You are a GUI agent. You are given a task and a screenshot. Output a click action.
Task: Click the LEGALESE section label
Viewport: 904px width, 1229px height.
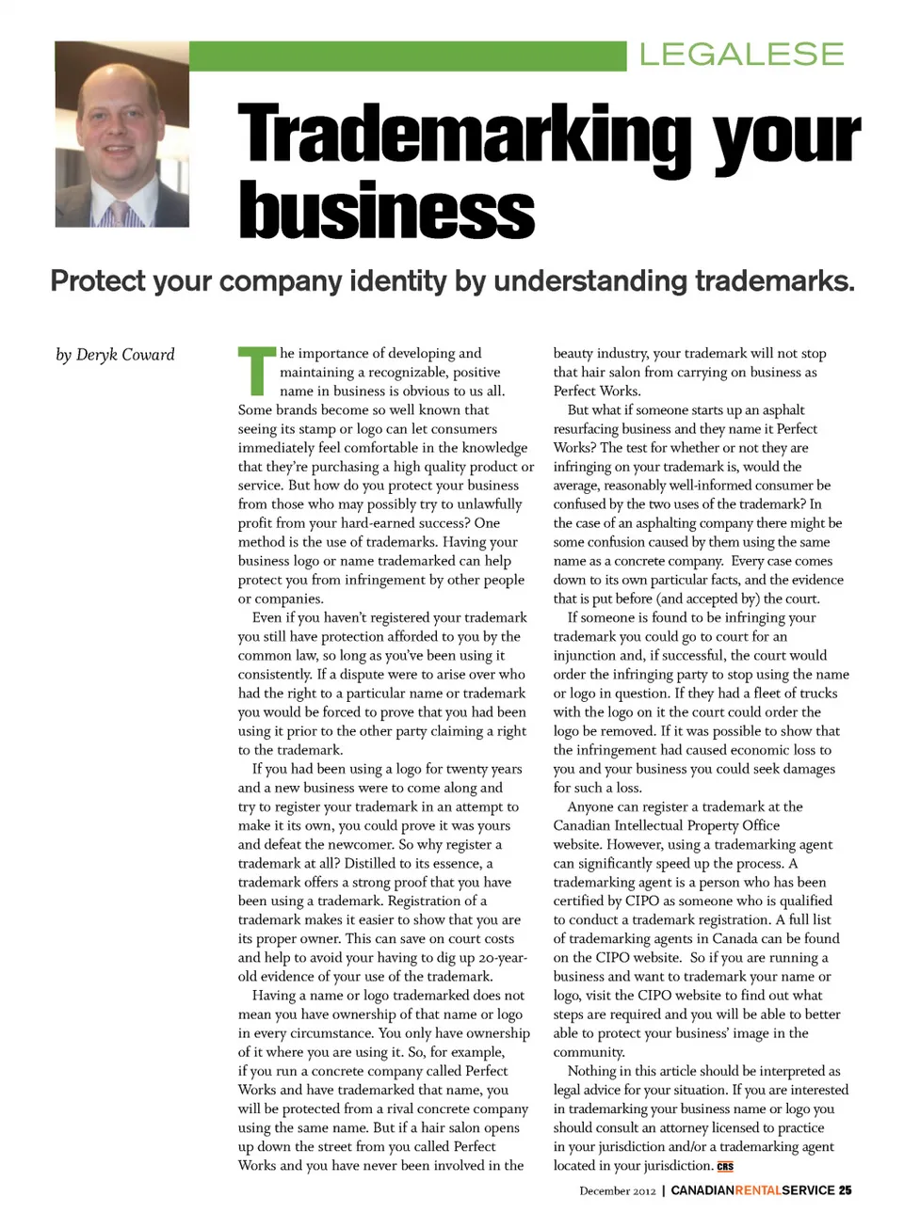coord(741,55)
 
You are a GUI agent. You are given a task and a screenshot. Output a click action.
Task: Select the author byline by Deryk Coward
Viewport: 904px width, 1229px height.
coord(115,355)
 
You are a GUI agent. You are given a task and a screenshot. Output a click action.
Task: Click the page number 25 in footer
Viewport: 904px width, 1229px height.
coord(846,1190)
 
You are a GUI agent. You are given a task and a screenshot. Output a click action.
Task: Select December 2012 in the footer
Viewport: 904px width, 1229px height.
coord(618,1191)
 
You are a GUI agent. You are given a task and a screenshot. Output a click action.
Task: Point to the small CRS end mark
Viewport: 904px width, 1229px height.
coord(725,1167)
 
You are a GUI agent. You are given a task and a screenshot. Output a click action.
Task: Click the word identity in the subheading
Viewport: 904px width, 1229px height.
coord(397,280)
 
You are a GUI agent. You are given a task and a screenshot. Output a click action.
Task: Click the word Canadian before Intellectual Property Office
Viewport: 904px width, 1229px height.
coord(584,825)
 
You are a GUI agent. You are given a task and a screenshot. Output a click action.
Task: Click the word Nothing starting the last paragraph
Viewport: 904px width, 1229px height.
coord(592,1071)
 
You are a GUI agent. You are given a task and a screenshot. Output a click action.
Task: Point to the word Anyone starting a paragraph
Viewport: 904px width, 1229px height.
coord(590,806)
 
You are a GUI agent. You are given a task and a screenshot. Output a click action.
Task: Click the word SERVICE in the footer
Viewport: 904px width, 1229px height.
coord(808,1190)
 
